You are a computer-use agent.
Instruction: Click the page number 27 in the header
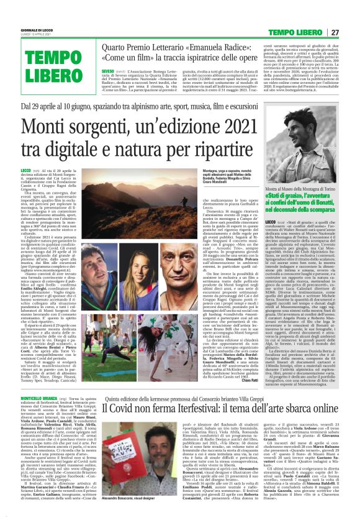pos(351,32)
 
